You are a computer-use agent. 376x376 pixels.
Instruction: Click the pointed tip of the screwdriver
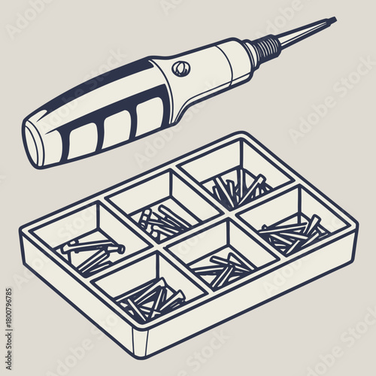point(333,20)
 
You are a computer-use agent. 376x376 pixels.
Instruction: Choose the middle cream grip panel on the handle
point(114,127)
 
